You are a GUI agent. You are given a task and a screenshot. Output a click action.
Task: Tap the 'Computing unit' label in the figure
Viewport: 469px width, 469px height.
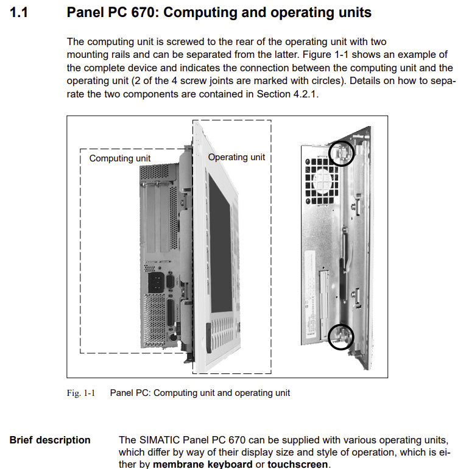[120, 158]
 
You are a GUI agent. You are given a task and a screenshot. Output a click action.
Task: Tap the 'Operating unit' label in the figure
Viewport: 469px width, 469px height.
[236, 157]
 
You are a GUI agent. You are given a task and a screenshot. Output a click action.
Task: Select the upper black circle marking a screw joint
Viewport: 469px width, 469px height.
[340, 153]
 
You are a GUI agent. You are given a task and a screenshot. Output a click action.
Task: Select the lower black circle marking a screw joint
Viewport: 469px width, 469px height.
[340, 337]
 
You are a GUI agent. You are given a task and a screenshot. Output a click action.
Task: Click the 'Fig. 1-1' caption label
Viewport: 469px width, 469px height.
[80, 393]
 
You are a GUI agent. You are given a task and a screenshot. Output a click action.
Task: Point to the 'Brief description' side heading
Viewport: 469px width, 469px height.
[50, 440]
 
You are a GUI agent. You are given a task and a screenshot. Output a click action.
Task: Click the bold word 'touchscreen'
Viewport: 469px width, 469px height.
[298, 465]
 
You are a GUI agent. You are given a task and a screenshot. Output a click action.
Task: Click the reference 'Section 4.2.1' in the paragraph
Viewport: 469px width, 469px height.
[288, 94]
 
